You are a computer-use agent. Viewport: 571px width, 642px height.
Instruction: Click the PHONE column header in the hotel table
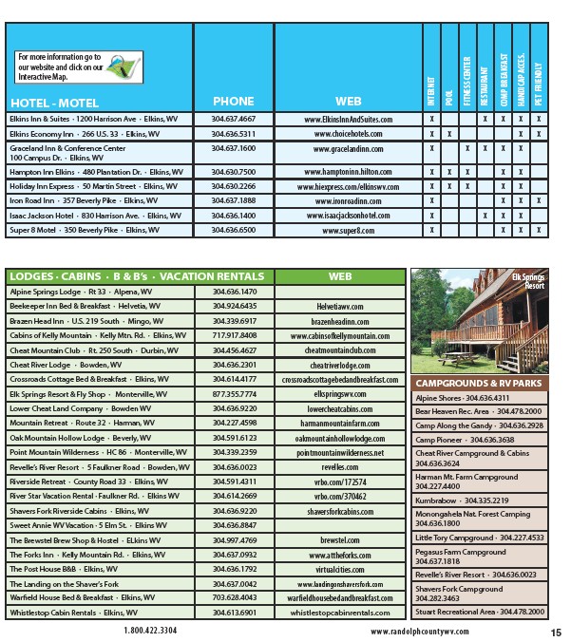(234, 102)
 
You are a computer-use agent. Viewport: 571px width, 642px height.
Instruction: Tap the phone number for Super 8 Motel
(234, 231)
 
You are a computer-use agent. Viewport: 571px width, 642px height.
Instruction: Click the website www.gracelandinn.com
(349, 149)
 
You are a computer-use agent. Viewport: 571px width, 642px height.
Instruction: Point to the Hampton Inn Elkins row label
(95, 172)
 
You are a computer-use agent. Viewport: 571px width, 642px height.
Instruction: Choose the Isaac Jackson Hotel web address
(349, 216)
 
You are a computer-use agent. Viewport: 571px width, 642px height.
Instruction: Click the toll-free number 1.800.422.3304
(149, 630)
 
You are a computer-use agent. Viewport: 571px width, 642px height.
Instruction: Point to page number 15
(555, 632)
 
